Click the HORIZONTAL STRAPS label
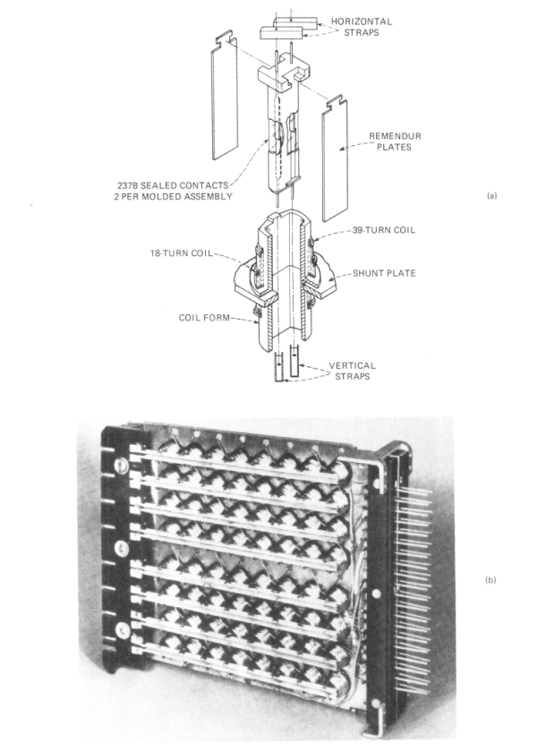pos(361,27)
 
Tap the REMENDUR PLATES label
pos(395,141)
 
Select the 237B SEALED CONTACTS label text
pos(173,185)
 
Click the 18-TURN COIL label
pos(181,253)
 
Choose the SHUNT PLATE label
pos(384,273)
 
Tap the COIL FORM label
pos(204,318)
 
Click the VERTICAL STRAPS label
pos(353,371)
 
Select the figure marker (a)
pos(491,196)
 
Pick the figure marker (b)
pos(491,580)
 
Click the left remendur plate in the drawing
pos(225,96)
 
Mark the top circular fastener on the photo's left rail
pos(121,465)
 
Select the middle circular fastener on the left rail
pos(121,548)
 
